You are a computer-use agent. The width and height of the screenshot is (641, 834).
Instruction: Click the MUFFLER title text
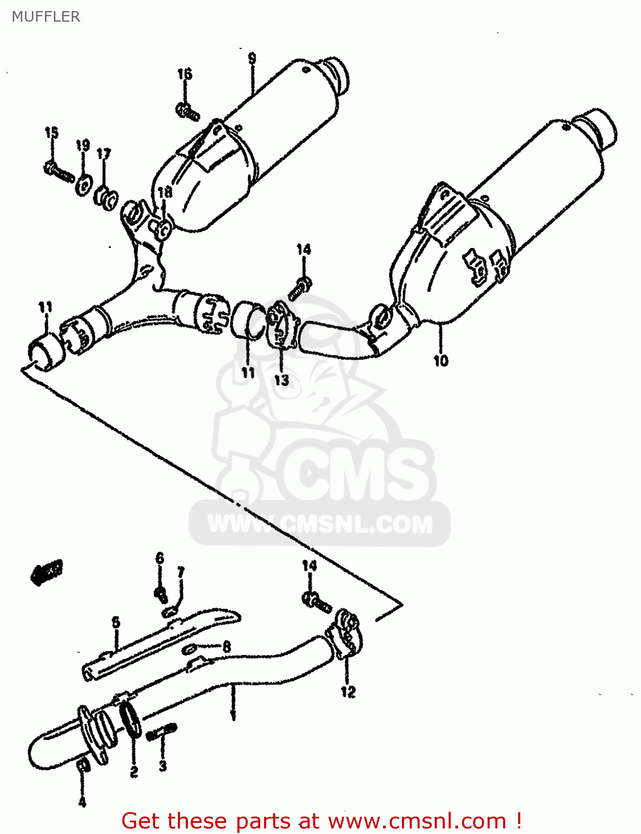(46, 17)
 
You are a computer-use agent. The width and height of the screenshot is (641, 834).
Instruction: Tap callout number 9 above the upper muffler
(252, 58)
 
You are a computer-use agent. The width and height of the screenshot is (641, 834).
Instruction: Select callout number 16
(185, 74)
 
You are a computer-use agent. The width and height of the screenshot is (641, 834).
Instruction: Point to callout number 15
(52, 132)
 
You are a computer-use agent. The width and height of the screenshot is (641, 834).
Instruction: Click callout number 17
(104, 154)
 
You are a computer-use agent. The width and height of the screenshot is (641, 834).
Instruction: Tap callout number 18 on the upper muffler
(165, 192)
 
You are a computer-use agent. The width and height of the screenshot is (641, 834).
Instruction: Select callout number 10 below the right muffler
(441, 360)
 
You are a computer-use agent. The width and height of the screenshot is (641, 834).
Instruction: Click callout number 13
(281, 380)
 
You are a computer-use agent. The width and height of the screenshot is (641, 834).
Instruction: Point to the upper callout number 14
(304, 249)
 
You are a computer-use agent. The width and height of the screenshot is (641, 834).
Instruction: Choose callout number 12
(348, 692)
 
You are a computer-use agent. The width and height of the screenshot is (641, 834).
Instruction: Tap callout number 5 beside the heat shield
(116, 622)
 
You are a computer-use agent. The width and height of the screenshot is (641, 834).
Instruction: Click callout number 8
(226, 647)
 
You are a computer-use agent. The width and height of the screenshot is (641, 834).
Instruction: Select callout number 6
(160, 558)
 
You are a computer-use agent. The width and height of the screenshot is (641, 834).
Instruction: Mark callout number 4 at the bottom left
(82, 802)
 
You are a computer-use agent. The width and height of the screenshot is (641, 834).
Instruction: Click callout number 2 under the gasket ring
(134, 772)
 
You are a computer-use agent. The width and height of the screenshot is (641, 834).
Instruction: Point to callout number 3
(162, 766)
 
